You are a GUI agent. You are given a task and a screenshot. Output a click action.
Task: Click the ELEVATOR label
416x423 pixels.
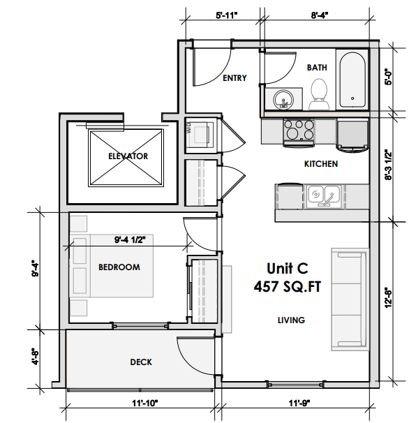click(128, 156)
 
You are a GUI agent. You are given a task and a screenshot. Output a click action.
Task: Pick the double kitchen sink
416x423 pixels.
click(322, 195)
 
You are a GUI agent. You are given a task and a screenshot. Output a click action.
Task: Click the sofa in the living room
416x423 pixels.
click(348, 298)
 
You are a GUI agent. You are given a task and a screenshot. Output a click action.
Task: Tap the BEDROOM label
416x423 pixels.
click(119, 267)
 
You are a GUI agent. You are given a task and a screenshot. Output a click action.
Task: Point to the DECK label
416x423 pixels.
click(141, 362)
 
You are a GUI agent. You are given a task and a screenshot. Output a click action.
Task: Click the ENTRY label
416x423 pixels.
click(235, 78)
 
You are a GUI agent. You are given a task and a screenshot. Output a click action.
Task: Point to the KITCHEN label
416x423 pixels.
click(321, 164)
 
